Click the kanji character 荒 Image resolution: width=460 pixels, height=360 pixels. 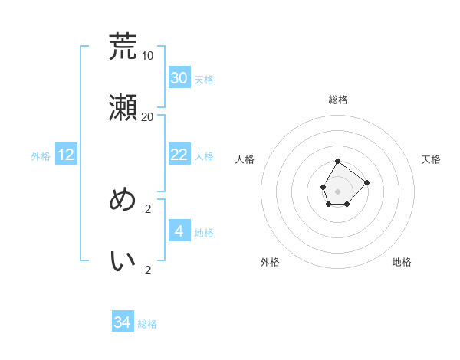point(123,47)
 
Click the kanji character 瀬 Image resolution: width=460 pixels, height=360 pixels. point(123,108)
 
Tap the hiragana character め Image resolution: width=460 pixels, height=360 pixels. point(123,200)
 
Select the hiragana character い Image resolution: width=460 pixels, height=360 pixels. point(123,261)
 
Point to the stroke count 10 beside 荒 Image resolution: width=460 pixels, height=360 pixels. point(148,56)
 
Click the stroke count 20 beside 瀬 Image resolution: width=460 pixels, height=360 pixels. point(148,117)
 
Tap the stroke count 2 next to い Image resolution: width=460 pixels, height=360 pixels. point(148,270)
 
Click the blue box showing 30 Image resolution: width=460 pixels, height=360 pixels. point(179,78)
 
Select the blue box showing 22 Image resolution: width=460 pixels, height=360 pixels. point(179,155)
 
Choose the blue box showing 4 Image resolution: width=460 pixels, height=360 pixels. point(179,231)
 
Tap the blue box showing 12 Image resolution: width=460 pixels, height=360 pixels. point(66,155)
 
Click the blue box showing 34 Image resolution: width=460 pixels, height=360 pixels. point(123,322)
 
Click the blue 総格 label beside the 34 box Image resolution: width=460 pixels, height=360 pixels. point(147,324)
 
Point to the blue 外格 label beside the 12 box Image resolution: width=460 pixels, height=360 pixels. point(41,156)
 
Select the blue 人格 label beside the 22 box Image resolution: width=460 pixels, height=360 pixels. point(204,156)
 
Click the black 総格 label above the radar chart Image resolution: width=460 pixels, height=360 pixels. point(338,100)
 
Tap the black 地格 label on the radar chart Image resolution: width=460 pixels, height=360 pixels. point(402,262)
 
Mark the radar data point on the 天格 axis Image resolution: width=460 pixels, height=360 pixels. point(366,182)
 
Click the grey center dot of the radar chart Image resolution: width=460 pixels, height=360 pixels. point(338,190)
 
